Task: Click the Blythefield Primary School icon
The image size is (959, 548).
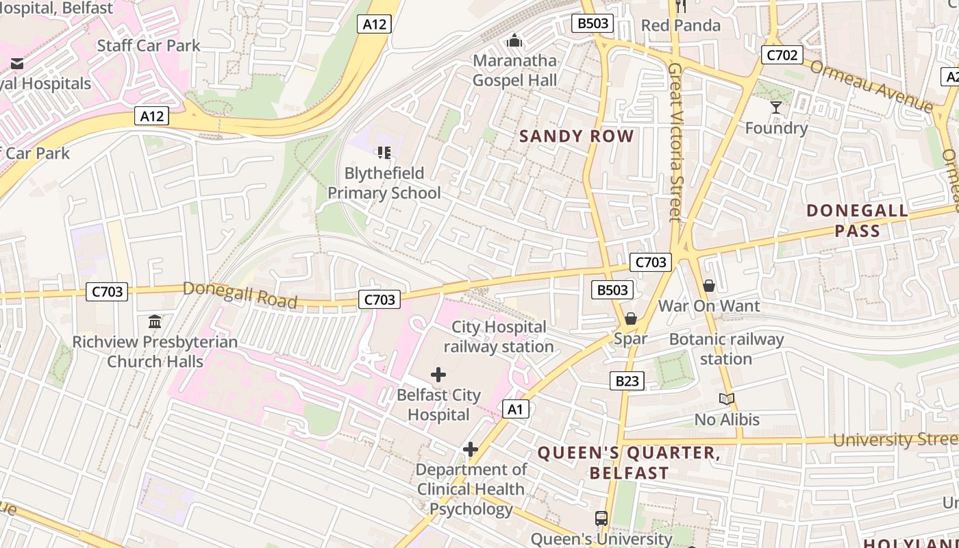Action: pos(384,152)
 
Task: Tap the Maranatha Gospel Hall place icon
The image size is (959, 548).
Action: pos(514,40)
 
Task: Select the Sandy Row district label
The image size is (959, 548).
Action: pos(577,136)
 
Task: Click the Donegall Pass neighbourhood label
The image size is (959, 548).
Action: pos(857,221)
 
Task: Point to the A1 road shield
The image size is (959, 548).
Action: pos(516,410)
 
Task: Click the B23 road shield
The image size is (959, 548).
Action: pos(627,381)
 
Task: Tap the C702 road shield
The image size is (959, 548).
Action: pos(782,55)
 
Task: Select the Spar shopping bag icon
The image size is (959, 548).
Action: pos(631,319)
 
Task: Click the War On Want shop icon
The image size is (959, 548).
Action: pos(709,285)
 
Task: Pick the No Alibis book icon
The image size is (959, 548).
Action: pos(727,399)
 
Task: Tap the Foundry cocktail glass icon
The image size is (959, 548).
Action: pos(776,108)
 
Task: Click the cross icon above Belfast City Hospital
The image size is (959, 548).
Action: pos(438,375)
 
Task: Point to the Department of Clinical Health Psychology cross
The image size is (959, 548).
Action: pos(471,449)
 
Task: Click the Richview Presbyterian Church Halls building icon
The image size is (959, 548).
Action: pos(155,321)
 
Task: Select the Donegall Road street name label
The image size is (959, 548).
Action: pos(240,295)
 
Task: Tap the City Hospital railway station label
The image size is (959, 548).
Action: pos(499,336)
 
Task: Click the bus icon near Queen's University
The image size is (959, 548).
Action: pos(601,519)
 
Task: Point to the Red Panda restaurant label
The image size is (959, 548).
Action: pos(681,25)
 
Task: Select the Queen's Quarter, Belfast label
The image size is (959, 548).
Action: pos(629,462)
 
